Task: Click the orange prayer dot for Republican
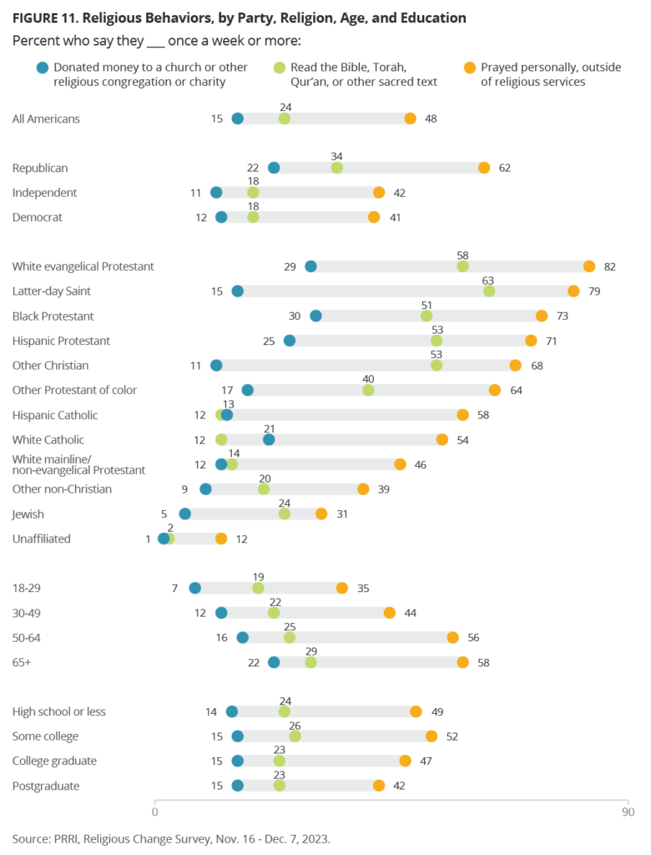tap(484, 168)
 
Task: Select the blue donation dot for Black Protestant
tap(315, 316)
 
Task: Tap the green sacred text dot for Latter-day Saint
tap(489, 291)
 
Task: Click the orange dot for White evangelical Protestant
tap(589, 266)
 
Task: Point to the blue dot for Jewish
tap(185, 514)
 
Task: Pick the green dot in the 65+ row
tap(310, 662)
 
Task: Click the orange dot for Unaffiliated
tap(221, 539)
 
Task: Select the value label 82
tap(609, 266)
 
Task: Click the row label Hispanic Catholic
tap(55, 415)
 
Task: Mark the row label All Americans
tap(46, 119)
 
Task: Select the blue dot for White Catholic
tap(269, 440)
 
